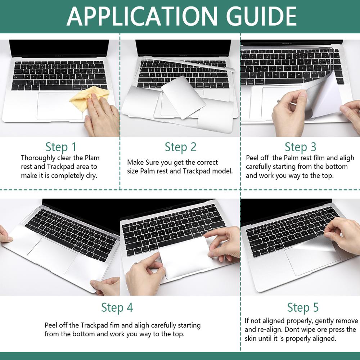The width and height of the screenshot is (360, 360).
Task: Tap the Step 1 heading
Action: coord(61,147)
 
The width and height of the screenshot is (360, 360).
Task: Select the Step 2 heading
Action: coord(180,147)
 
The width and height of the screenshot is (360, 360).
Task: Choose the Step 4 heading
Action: coord(117,307)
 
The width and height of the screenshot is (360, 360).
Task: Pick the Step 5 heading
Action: coord(303,307)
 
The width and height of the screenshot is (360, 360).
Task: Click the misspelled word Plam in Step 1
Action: coord(92,158)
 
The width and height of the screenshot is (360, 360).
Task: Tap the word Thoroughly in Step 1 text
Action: coord(38,158)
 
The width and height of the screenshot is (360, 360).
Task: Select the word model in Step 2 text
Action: coord(223,171)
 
